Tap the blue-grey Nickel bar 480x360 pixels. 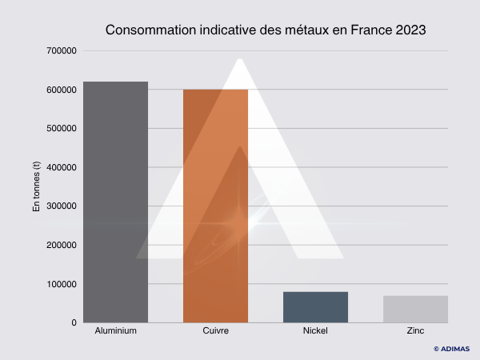(x=315, y=307)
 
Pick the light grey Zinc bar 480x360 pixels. (x=415, y=309)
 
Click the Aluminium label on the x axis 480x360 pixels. (x=115, y=330)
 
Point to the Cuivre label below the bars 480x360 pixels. (x=215, y=330)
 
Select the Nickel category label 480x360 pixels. (x=315, y=330)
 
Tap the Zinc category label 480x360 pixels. (x=415, y=330)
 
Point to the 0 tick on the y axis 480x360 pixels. (x=73, y=322)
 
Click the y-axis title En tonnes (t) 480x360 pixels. (x=36, y=186)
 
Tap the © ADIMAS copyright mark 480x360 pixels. (x=451, y=349)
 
